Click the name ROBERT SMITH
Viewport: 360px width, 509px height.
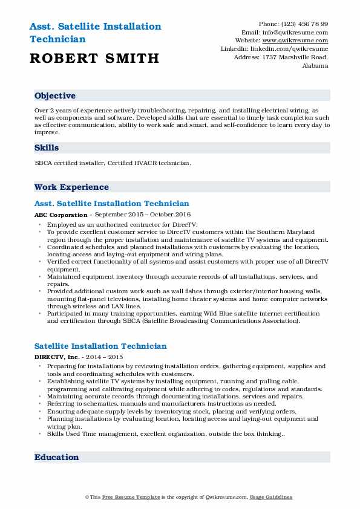pos(94,58)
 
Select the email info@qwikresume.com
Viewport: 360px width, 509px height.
pos(301,32)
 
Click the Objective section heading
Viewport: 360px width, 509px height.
pos(55,96)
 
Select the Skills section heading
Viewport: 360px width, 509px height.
pos(47,148)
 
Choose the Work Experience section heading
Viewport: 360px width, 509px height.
pos(71,187)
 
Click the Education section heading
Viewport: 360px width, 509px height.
pos(57,457)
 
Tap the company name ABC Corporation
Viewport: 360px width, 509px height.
pos(61,215)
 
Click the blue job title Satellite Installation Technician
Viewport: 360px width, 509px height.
pos(100,346)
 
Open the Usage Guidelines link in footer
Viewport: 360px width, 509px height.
pos(272,497)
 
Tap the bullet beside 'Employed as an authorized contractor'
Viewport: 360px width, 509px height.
pos(39,224)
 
